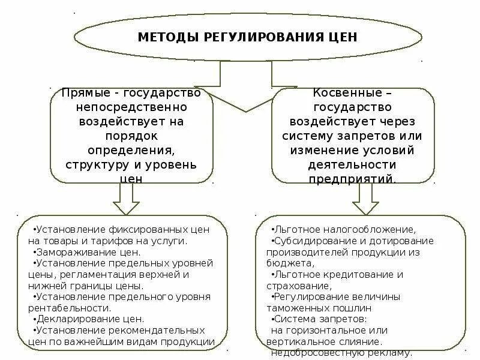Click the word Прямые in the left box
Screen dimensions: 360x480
[x=88, y=94]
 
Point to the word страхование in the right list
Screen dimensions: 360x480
[x=292, y=285]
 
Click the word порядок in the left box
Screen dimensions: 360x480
[x=132, y=136]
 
